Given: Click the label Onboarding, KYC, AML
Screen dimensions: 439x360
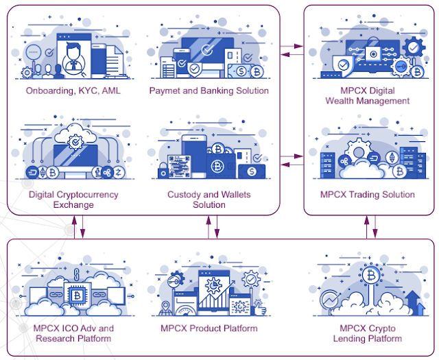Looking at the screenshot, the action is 73,91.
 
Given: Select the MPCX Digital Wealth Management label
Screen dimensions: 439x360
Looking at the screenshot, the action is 368,95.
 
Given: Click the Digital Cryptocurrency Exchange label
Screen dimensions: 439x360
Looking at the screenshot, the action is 73,200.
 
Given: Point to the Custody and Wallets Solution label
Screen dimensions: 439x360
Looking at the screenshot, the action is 209,200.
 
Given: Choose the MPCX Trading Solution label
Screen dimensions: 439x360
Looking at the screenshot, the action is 368,194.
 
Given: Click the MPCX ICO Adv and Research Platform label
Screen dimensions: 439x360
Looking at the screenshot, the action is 73,333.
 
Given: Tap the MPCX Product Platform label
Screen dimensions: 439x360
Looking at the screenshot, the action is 209,328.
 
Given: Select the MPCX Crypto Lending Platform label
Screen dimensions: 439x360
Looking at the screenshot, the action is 368,333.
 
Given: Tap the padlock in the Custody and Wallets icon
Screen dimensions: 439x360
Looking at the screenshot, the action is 163,171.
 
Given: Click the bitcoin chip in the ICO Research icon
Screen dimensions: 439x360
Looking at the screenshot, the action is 77,294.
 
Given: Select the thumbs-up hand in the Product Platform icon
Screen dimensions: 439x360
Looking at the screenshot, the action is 259,308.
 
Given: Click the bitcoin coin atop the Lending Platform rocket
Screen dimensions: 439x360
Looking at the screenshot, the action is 371,276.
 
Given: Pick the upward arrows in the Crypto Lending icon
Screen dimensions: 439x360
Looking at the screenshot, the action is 416,303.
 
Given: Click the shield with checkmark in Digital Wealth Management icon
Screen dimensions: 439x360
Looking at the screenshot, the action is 343,66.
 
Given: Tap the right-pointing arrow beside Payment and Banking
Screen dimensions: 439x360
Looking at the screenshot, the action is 292,46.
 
